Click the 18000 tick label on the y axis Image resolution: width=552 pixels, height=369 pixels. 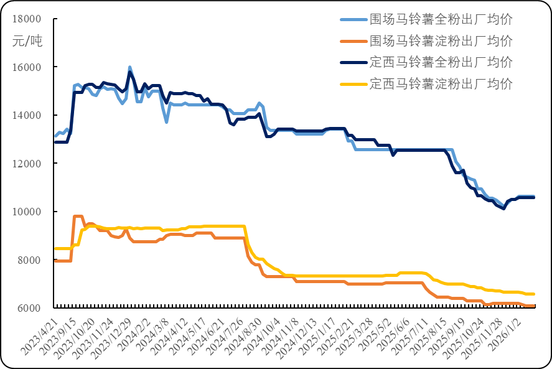click(27, 19)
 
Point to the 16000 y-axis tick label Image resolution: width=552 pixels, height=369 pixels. click(27, 67)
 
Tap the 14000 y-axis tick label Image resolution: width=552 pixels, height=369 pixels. click(27, 116)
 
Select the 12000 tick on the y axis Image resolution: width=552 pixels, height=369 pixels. click(27, 164)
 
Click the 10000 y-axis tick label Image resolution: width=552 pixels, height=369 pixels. click(27, 212)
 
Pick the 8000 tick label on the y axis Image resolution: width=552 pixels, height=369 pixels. click(29, 260)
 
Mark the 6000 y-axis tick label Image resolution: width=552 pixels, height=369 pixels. click(29, 309)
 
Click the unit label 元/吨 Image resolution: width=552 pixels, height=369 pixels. click(27, 42)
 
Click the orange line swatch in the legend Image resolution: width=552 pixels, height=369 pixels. click(353, 42)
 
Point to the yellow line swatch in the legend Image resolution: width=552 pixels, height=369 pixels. click(353, 84)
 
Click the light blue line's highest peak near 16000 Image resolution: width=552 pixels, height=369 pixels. click(129, 67)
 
